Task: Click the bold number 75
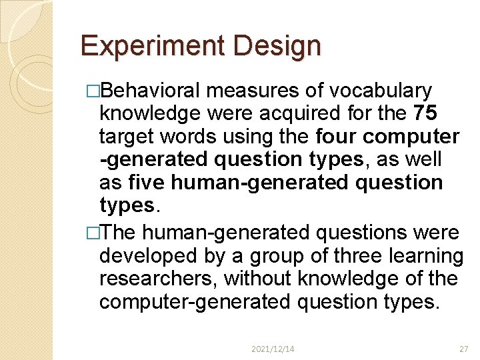click(x=424, y=113)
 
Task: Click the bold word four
click(x=337, y=137)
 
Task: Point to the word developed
click(x=147, y=256)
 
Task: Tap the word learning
click(x=423, y=256)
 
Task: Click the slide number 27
click(x=464, y=349)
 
